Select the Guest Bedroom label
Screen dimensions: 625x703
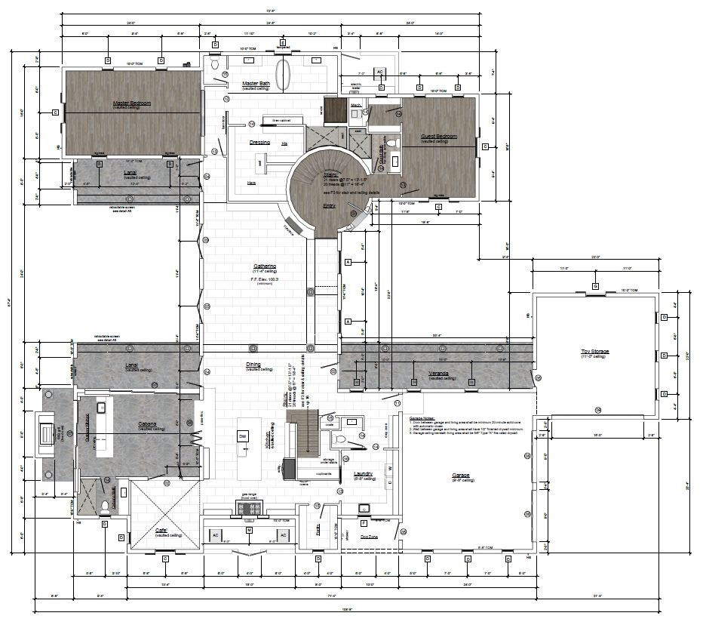point(439,137)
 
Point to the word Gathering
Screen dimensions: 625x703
point(264,266)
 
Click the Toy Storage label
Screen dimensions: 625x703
point(594,352)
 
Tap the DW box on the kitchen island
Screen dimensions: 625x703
point(243,436)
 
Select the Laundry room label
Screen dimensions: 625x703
point(364,474)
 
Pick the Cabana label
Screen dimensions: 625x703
point(147,424)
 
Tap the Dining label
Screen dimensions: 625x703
point(253,365)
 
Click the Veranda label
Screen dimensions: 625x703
point(440,373)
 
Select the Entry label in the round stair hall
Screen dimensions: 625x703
point(329,205)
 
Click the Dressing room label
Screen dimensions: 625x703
point(259,142)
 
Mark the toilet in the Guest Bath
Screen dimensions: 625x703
point(391,143)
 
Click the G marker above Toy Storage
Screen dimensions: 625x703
point(595,286)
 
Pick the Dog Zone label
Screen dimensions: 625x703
point(369,536)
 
